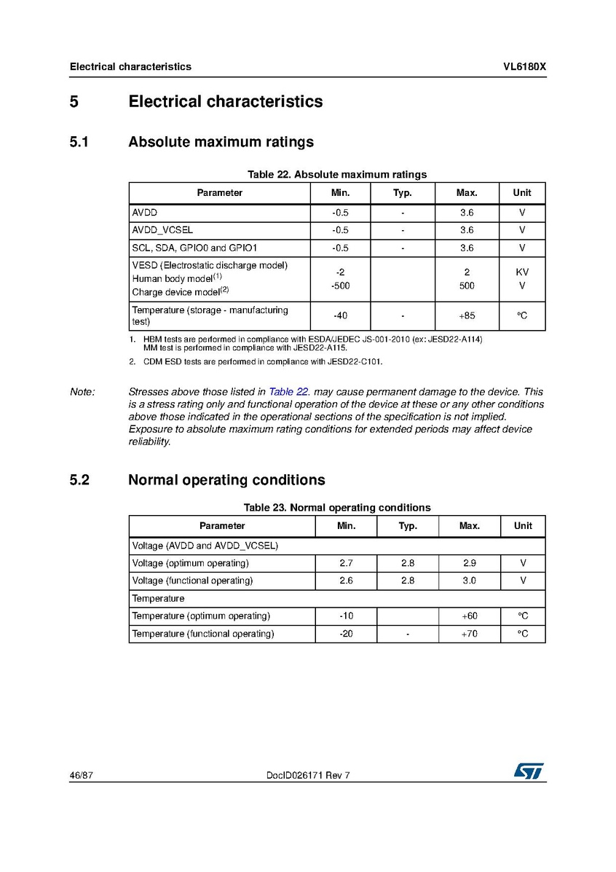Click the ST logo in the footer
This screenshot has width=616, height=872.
coord(529,771)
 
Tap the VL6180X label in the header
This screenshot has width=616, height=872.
coord(524,67)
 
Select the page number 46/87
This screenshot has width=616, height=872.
coord(81,776)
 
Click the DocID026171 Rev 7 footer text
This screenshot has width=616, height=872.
coord(309,776)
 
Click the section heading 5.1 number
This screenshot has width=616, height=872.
coord(79,142)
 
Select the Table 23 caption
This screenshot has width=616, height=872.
coord(336,508)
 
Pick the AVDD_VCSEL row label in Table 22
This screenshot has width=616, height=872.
coord(162,230)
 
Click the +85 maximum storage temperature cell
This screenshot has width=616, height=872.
coord(467,316)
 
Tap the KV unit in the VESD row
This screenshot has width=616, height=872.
coord(522,272)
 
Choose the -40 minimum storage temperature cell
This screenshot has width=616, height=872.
coord(340,316)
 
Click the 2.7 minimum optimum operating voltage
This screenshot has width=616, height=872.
coord(346,564)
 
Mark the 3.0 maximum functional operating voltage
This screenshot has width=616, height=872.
coord(469,581)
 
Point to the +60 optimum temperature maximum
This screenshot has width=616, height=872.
coord(469,616)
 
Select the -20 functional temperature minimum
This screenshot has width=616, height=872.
coord(346,635)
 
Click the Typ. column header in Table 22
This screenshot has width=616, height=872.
coord(403,193)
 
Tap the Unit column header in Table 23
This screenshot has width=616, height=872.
coord(523,526)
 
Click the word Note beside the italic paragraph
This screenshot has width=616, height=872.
coord(82,392)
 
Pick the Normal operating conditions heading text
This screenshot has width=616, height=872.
coord(226,481)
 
